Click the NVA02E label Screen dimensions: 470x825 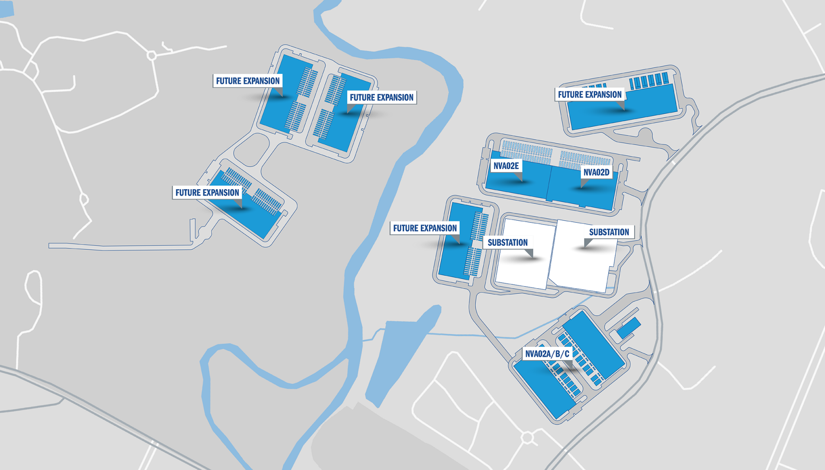pyautogui.click(x=506, y=166)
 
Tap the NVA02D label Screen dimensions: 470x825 pyautogui.click(x=596, y=172)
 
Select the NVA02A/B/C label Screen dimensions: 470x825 pyautogui.click(x=547, y=354)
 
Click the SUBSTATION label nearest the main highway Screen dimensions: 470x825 pyautogui.click(x=609, y=232)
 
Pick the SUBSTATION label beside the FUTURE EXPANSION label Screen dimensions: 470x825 pyautogui.click(x=507, y=242)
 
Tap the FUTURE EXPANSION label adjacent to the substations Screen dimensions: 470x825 pyautogui.click(x=424, y=228)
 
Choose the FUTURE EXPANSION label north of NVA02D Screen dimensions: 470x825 pyautogui.click(x=589, y=94)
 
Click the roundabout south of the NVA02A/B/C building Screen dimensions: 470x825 pyautogui.click(x=527, y=438)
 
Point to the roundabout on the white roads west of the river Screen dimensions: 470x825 pyautogui.click(x=152, y=55)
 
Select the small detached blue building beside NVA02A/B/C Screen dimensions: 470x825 pyautogui.click(x=629, y=328)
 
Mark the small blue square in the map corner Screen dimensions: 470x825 pyautogui.click(x=6, y=9)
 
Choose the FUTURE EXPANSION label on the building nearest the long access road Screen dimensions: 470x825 pyautogui.click(x=207, y=193)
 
